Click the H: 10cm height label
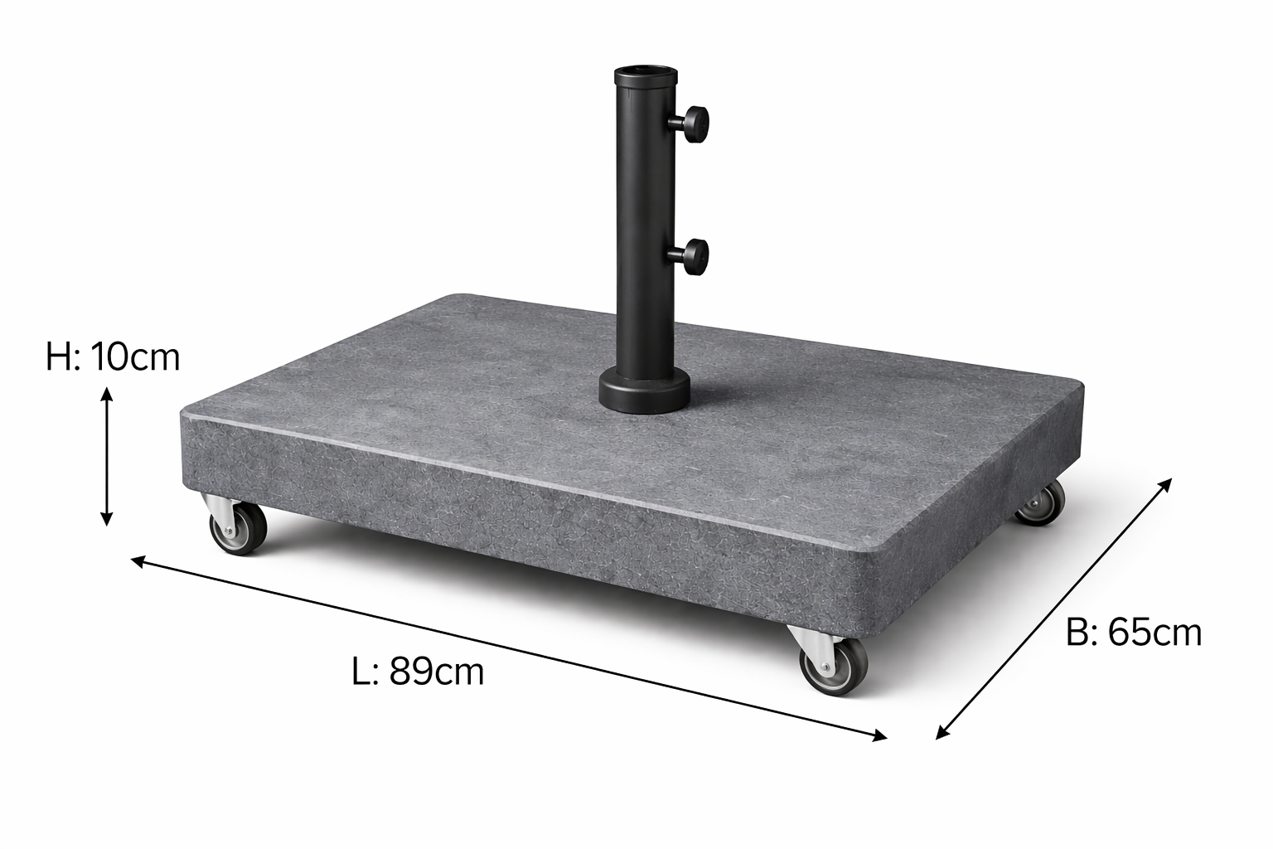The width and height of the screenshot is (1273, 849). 113,357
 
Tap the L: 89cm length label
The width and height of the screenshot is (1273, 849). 418,671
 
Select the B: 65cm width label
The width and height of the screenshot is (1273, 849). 1133,633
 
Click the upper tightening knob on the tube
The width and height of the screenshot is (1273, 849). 696,124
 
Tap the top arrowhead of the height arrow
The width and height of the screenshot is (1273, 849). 107,392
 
